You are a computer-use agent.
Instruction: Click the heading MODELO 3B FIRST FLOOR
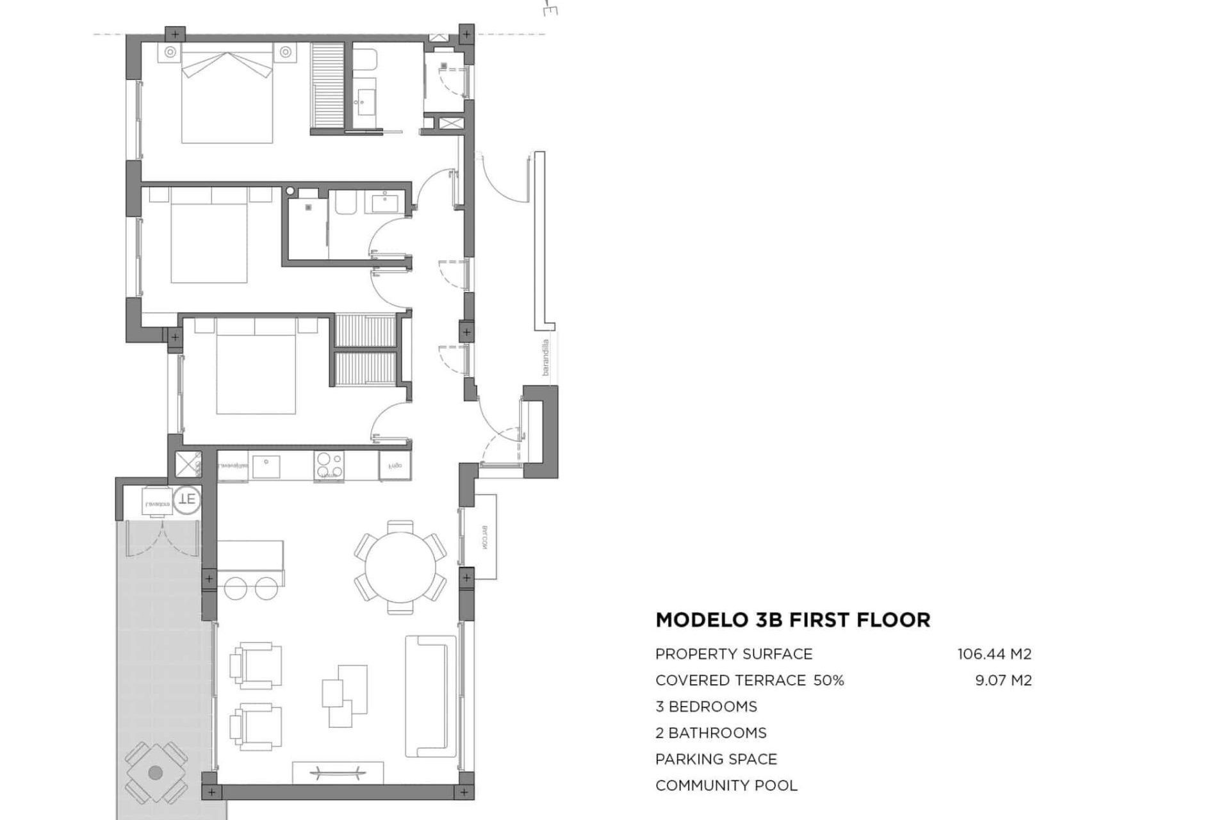[792, 620]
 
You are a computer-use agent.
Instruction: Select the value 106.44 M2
[994, 654]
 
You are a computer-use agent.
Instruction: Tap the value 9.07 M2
[1003, 680]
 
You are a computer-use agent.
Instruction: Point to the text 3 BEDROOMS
[706, 707]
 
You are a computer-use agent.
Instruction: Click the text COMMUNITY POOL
[726, 785]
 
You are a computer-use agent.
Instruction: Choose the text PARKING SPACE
[716, 759]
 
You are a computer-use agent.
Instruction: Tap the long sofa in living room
[427, 696]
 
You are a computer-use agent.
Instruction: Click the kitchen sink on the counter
[266, 466]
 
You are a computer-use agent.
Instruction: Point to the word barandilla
[546, 357]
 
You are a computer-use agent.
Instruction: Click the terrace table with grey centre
[156, 773]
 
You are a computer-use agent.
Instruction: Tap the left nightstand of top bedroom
[170, 53]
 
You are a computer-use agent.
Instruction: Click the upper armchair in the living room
[256, 666]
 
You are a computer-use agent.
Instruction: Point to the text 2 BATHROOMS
[710, 733]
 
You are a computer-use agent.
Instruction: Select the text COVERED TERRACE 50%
[749, 680]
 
